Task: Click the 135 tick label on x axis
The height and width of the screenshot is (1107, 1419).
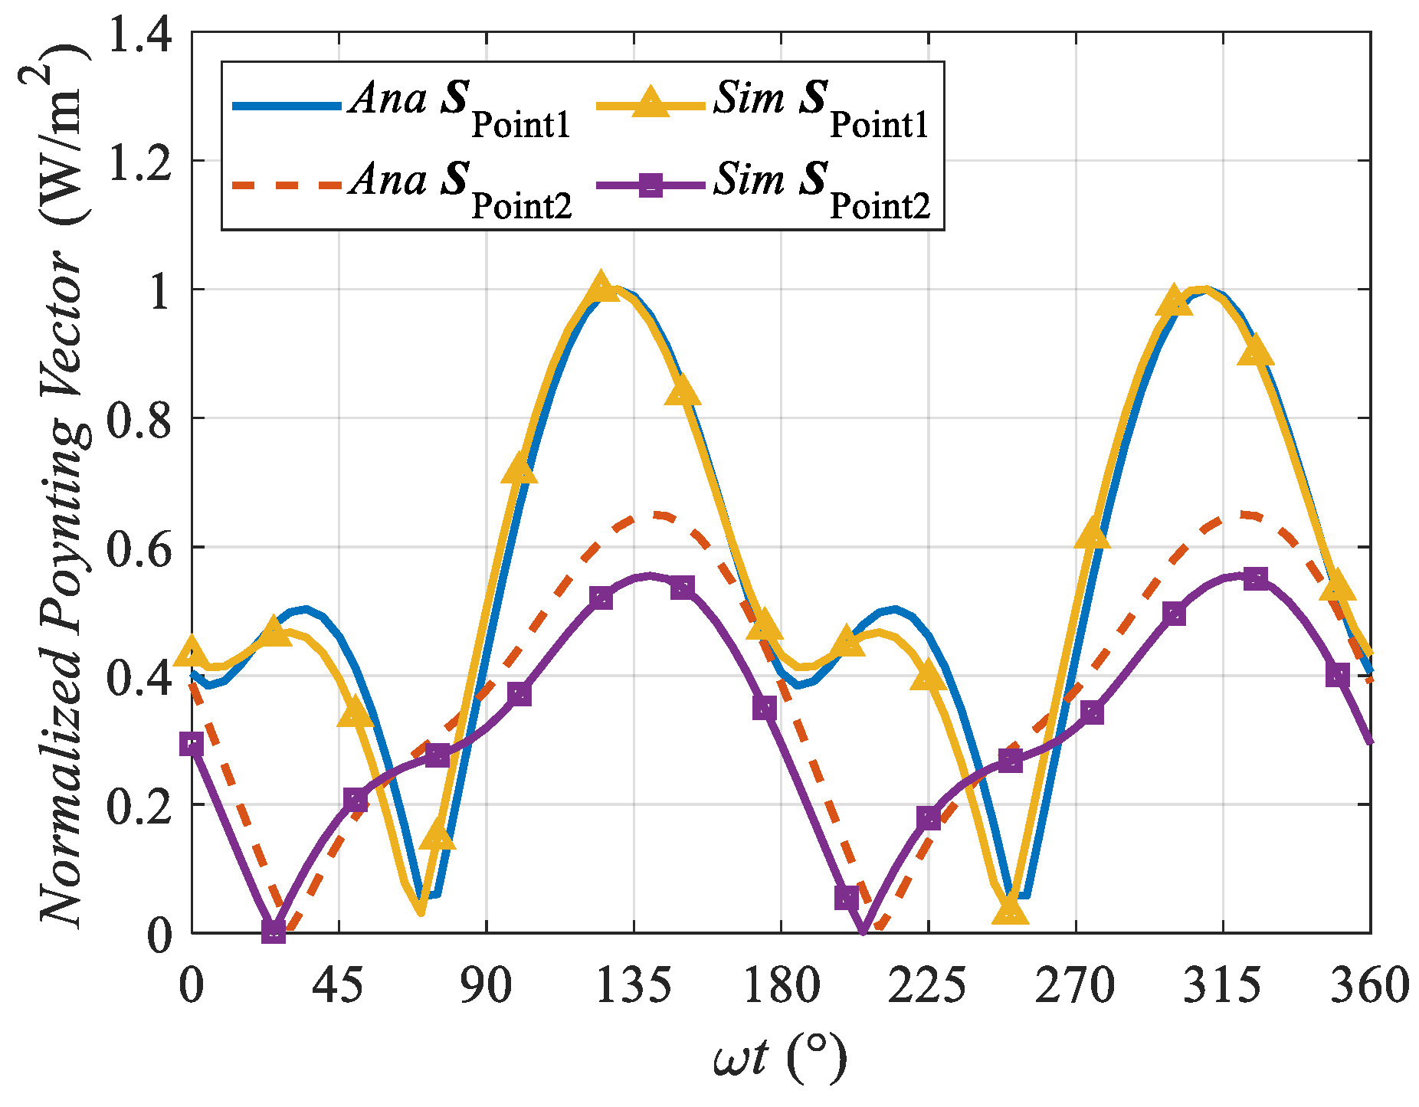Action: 634,985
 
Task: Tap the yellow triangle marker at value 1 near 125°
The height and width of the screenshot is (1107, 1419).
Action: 601,287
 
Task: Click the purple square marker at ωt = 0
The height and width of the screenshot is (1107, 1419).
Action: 192,744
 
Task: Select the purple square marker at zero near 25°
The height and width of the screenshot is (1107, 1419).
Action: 274,931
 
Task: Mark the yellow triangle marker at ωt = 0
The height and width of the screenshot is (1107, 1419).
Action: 192,652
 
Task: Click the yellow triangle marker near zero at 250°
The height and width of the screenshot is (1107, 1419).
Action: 1010,912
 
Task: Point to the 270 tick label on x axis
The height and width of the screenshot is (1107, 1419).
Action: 1075,985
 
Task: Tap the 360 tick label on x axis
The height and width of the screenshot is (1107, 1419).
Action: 1369,985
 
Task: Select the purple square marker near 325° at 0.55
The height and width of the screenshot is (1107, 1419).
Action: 1255,578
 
